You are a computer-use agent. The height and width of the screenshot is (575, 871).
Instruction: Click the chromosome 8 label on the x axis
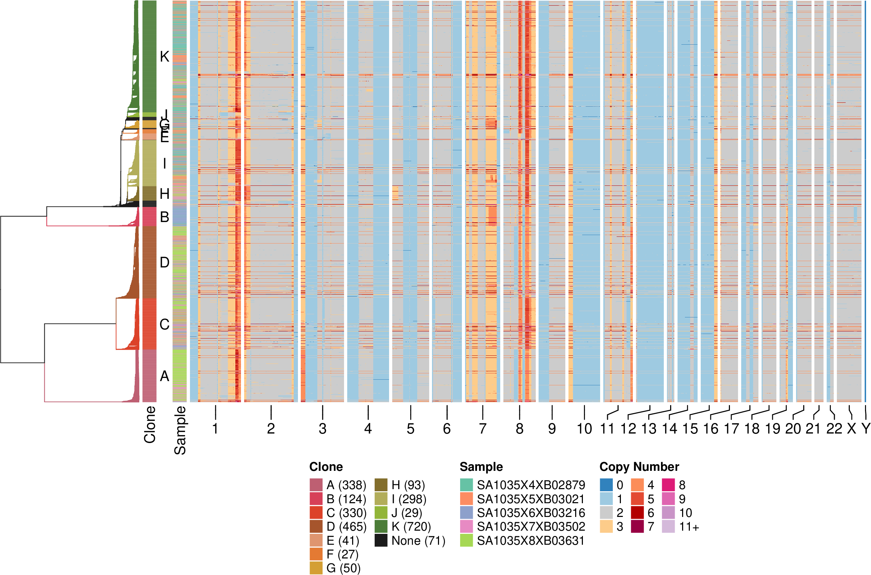pos(520,429)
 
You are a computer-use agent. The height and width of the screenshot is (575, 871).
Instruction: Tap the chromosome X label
pos(851,429)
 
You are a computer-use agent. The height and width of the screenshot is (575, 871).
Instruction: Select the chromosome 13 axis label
pos(648,429)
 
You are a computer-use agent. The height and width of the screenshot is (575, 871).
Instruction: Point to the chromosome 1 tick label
pos(215,429)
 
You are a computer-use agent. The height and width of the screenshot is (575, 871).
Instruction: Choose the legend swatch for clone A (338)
pos(316,485)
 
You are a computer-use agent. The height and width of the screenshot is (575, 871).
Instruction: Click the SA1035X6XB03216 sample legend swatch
pos(466,513)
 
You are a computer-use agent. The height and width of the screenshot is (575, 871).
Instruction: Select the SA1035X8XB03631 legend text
pos(530,541)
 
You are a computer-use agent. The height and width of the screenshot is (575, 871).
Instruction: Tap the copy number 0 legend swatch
pos(606,485)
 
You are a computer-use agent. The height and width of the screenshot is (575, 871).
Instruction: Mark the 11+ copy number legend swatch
pos(668,526)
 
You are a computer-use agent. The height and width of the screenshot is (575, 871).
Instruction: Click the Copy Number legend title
pos(639,467)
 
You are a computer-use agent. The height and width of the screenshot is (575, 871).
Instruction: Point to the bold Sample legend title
pos(481,467)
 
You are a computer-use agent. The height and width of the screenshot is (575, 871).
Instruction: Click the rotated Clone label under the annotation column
pos(150,424)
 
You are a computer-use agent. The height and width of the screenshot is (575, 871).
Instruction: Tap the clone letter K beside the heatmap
pos(165,57)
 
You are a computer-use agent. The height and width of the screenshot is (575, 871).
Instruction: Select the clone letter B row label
pos(165,217)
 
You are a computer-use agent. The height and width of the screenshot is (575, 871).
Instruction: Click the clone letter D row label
pos(165,263)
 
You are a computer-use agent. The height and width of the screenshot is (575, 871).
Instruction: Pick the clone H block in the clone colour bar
pos(149,193)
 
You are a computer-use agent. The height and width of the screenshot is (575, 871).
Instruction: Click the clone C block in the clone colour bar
pos(149,324)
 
